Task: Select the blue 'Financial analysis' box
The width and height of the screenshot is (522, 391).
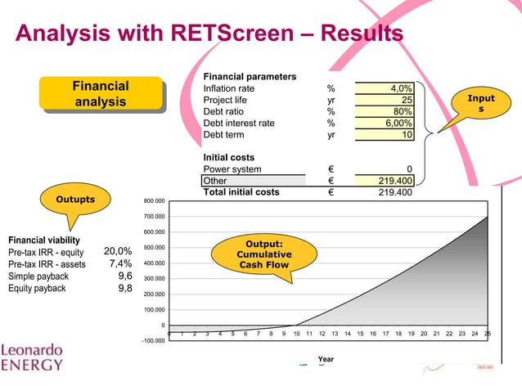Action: click(100, 94)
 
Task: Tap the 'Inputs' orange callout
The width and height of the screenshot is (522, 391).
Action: click(480, 104)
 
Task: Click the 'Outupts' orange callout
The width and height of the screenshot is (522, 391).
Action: click(74, 200)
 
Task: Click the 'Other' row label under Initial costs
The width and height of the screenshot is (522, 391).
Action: click(215, 181)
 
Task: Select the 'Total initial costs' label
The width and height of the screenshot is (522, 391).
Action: click(241, 192)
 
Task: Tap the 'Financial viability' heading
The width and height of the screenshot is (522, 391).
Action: click(44, 240)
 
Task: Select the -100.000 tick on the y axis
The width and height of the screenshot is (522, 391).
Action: click(153, 340)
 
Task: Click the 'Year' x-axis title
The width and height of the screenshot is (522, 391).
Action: click(326, 359)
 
